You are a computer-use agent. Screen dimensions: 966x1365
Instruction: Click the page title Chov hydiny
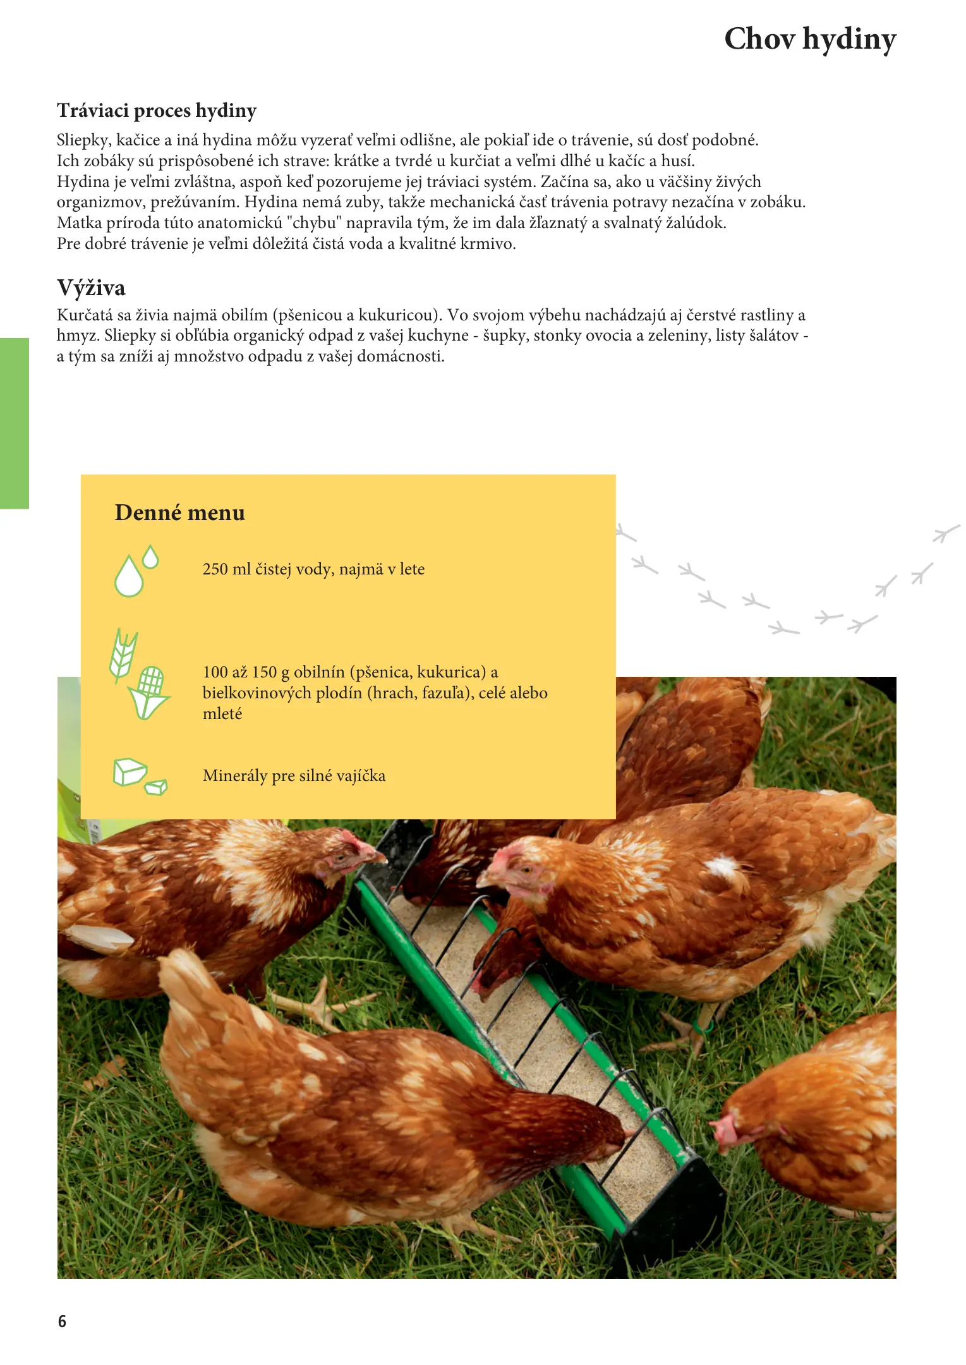[810, 39]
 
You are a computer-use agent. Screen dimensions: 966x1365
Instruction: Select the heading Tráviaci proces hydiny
[157, 111]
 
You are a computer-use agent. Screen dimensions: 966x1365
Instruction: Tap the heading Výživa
[91, 288]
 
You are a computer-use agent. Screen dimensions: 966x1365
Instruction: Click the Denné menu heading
[180, 512]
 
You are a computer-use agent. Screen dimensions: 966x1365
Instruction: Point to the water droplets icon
[135, 571]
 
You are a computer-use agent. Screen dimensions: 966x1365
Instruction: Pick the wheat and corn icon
[139, 674]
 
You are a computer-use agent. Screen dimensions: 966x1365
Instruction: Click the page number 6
[62, 1321]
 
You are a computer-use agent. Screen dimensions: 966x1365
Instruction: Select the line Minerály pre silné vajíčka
[294, 775]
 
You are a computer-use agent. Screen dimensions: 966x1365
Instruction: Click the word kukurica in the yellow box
[452, 672]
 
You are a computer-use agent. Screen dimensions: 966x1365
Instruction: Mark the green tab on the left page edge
[15, 423]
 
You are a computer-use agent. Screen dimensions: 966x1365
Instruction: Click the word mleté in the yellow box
[222, 713]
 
